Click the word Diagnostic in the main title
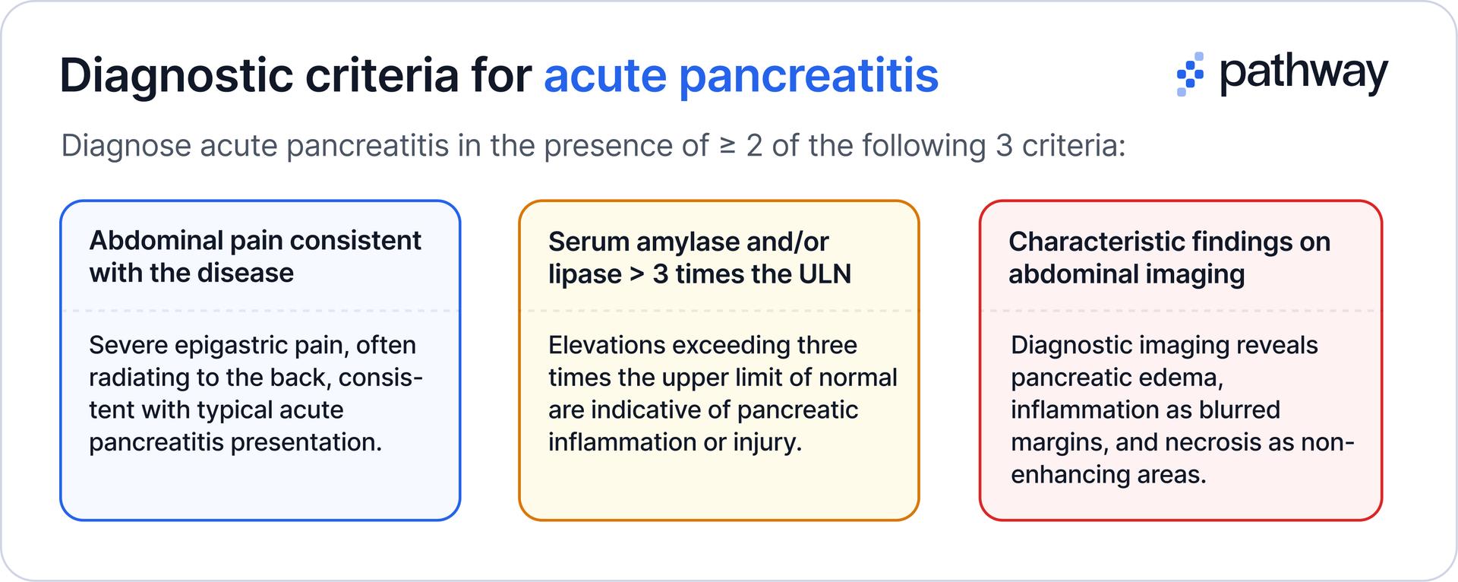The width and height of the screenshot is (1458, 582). pyautogui.click(x=176, y=76)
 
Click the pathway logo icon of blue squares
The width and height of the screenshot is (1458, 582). pyautogui.click(x=1190, y=74)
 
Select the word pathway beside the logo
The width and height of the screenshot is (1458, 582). pyautogui.click(x=1304, y=74)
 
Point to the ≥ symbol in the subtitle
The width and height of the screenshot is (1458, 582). pyautogui.click(x=727, y=146)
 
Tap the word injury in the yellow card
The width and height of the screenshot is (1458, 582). pyautogui.click(x=766, y=442)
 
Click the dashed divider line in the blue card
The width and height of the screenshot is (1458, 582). pyautogui.click(x=260, y=311)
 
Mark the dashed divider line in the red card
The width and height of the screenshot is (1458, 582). pyautogui.click(x=1181, y=311)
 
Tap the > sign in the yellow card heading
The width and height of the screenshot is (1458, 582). pyautogui.click(x=637, y=274)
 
